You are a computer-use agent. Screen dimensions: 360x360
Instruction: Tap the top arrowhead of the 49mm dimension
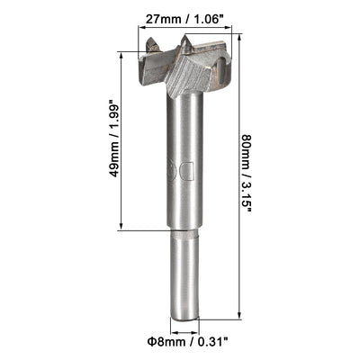[120, 56]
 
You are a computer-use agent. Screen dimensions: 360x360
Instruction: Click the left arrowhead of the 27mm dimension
[142, 29]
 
